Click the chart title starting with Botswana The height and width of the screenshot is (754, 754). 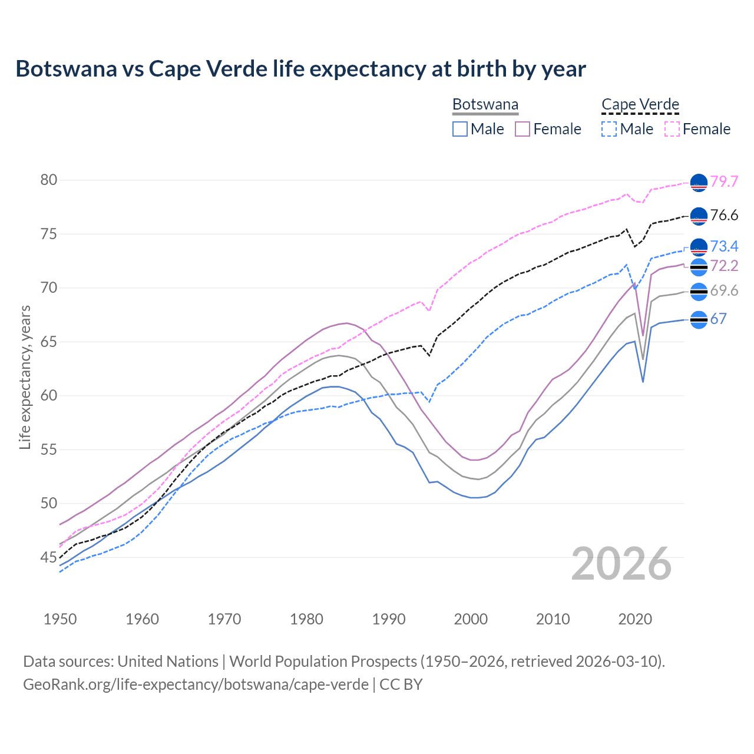(300, 69)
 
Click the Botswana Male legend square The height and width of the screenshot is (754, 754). (460, 129)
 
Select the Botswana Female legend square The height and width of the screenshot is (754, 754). (522, 129)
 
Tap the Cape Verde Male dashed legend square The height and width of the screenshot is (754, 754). (609, 129)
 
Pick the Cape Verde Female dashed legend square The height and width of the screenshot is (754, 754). (672, 129)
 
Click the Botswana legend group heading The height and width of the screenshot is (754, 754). (485, 105)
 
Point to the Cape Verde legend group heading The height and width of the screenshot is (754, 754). (640, 105)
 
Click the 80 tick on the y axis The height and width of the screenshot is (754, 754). (49, 180)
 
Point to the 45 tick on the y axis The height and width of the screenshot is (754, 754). (49, 557)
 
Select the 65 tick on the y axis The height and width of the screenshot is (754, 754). (49, 342)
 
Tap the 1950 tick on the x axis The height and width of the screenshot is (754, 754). (60, 619)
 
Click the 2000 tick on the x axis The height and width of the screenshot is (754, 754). (471, 619)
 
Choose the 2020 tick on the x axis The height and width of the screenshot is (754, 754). (635, 619)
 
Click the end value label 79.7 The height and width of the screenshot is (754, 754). (724, 181)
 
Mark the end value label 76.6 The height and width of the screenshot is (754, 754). (724, 216)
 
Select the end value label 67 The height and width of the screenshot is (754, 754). (718, 319)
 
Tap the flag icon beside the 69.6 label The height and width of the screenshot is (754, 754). (699, 291)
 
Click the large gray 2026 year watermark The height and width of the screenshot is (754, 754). (621, 564)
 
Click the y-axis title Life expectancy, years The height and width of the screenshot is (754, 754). (25, 377)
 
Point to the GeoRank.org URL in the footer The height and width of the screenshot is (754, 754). (196, 684)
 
